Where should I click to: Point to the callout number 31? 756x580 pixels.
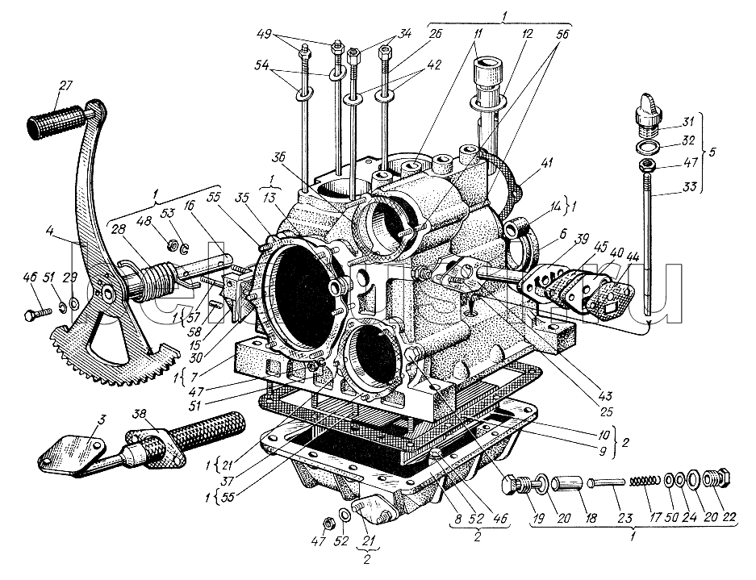point(687,122)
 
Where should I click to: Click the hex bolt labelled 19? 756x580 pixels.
point(513,486)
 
